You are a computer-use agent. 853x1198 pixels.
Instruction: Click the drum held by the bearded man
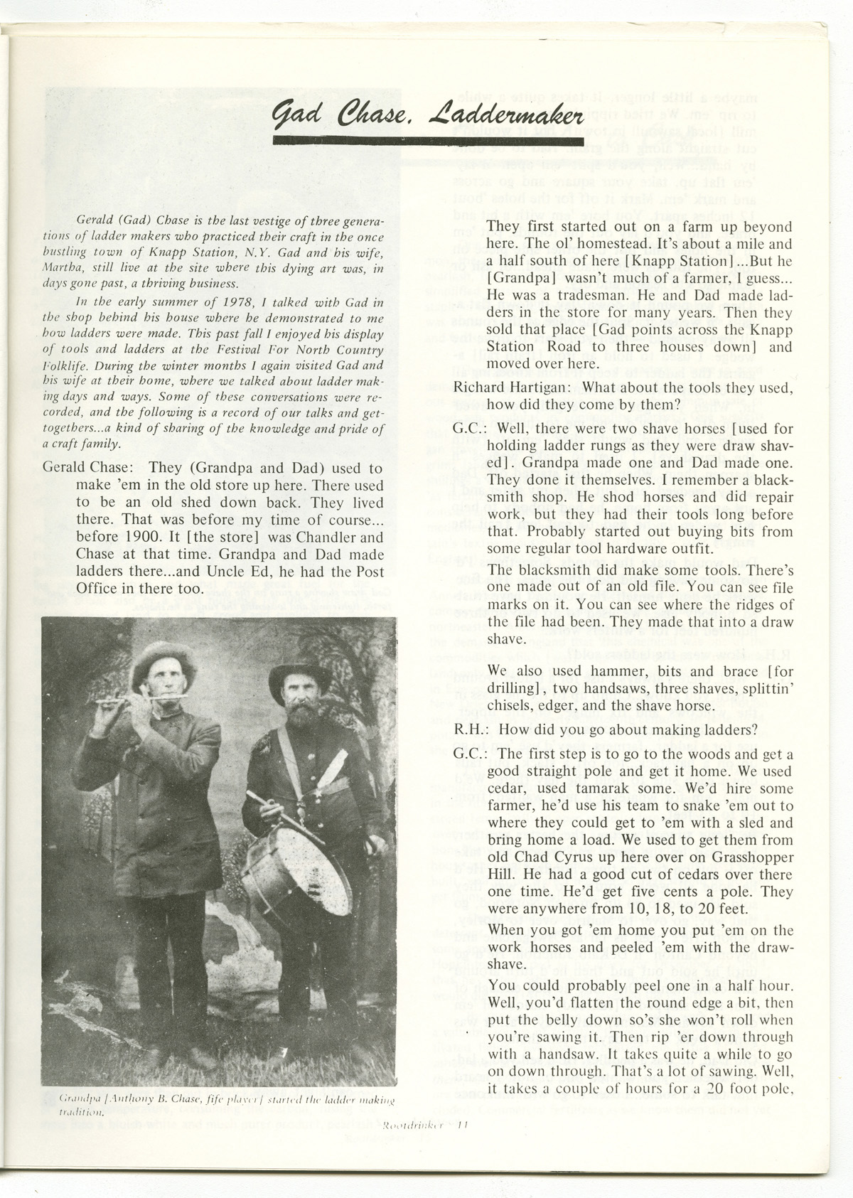(297, 868)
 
